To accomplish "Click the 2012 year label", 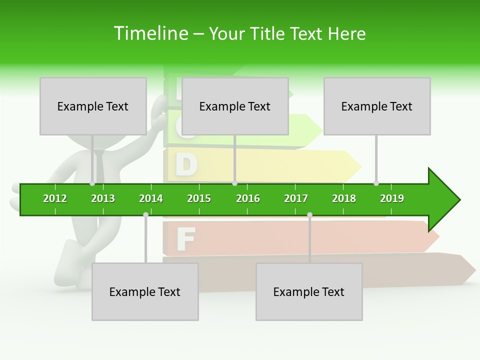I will pos(55,198).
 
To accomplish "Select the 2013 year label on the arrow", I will pos(103,198).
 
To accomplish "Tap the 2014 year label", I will pos(151,198).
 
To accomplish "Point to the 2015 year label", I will pos(199,198).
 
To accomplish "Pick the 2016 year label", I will pos(248,198).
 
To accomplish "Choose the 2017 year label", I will pos(296,198).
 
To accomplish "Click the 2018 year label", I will pos(344,198).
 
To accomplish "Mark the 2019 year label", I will pos(392,198).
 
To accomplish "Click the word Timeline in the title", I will pos(150,33).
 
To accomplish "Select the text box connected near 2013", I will pos(93,106).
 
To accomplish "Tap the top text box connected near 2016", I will pos(235,106).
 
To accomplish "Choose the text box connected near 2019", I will pos(377,106).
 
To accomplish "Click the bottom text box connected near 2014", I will pos(145,291).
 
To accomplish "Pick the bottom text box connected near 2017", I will pos(309,291).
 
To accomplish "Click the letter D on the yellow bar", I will pos(186,165).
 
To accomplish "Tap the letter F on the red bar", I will pos(185,239).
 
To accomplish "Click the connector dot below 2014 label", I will pos(145,214).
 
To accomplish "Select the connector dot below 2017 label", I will pos(309,214).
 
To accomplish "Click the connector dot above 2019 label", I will pos(376,183).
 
